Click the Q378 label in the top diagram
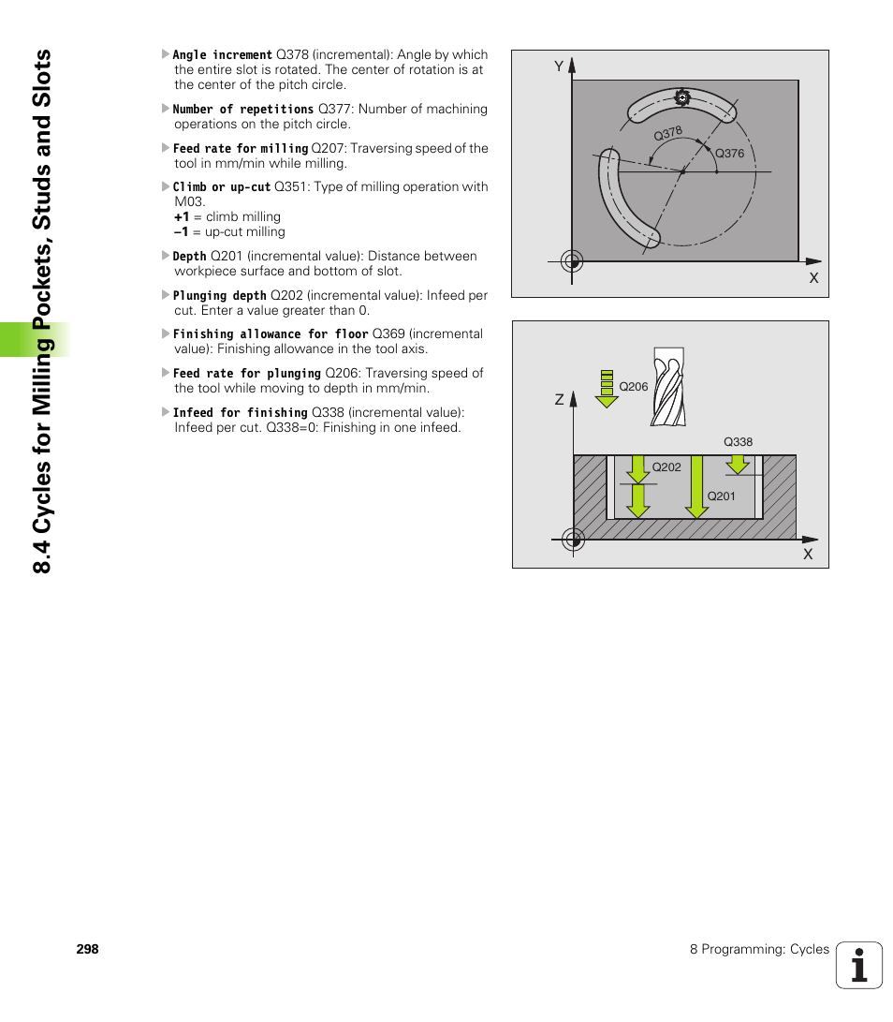(x=667, y=134)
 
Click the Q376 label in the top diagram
(x=729, y=154)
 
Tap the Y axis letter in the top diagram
(x=559, y=67)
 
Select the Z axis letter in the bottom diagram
(x=559, y=400)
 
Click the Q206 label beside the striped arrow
(x=634, y=386)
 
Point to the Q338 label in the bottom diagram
(x=738, y=442)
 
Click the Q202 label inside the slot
(x=666, y=467)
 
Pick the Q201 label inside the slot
(x=721, y=496)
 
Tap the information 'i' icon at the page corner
(x=859, y=966)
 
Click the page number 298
(x=88, y=949)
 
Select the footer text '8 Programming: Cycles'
(x=759, y=949)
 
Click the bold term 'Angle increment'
(x=222, y=55)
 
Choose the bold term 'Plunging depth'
(x=219, y=295)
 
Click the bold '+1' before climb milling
(x=182, y=216)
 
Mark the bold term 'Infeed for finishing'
(x=240, y=412)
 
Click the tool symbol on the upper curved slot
(x=681, y=97)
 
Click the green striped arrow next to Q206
(x=607, y=388)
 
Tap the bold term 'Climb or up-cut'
(x=221, y=186)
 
